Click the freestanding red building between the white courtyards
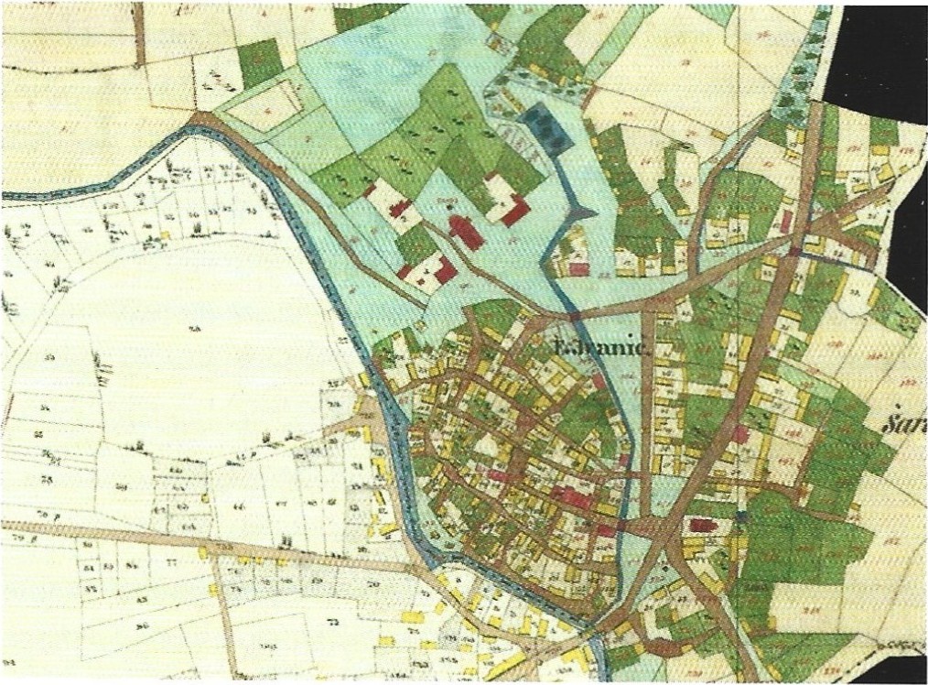click(466, 231)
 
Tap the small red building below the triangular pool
click(578, 268)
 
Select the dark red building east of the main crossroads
click(702, 526)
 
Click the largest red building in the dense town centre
click(573, 498)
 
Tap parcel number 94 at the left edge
click(6, 660)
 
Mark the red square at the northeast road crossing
click(794, 250)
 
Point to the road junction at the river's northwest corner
click(199, 120)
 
